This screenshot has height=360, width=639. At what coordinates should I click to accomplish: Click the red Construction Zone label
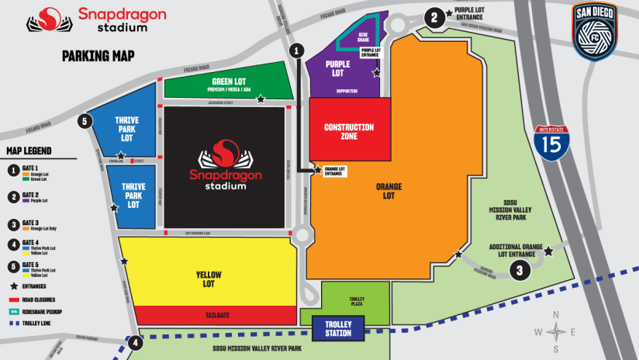point(349,131)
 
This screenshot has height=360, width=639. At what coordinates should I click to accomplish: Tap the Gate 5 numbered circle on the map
point(85,121)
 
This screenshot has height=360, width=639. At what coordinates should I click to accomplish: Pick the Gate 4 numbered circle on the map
point(136,342)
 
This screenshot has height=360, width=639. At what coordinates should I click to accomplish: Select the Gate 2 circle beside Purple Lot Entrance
point(435,15)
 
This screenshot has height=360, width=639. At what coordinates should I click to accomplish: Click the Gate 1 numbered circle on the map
point(296,49)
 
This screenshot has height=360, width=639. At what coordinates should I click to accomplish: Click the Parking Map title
point(98,55)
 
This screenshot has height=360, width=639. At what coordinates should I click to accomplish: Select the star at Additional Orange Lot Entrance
point(548,251)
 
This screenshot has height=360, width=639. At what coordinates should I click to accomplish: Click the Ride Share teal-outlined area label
point(361,38)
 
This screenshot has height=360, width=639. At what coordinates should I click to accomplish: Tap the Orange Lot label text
point(388,191)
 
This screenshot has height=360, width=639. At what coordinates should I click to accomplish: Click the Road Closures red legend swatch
point(14,297)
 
